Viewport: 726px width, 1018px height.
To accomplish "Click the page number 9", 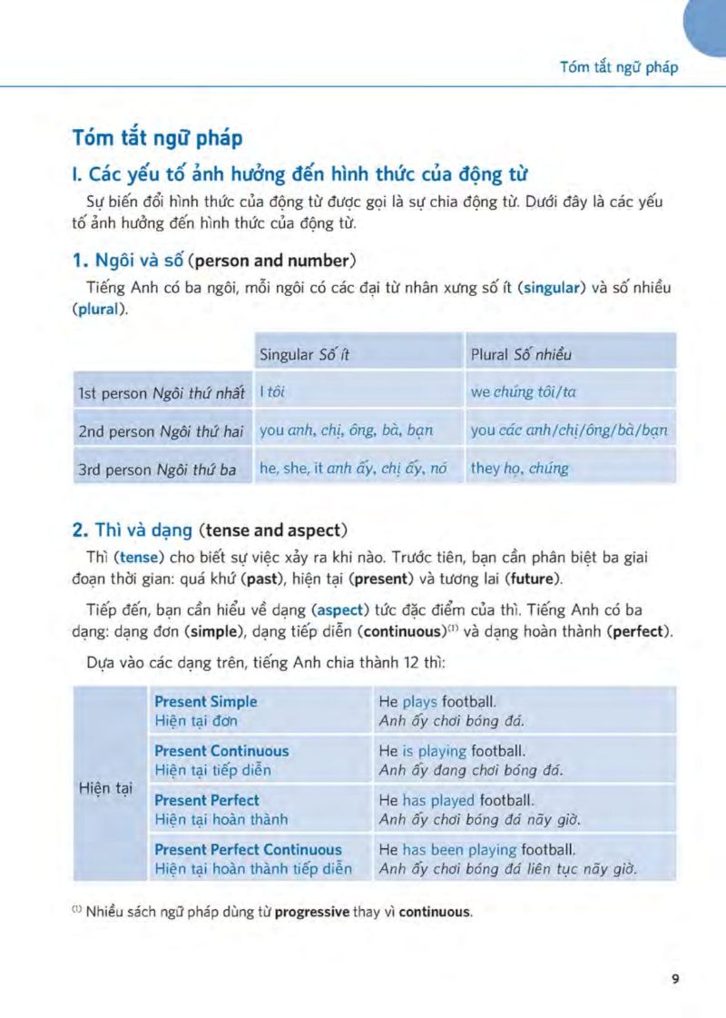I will point(674,978).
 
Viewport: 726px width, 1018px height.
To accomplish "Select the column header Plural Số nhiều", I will point(521,354).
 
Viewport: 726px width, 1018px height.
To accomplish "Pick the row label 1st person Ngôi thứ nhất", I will point(162,393).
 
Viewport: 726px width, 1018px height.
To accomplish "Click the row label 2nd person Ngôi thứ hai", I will point(160,431).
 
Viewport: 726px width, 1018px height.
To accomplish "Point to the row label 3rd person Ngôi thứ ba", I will point(157,469).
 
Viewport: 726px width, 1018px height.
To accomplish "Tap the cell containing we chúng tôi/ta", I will point(523,393).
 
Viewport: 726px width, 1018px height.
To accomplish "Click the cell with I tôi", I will point(272,393).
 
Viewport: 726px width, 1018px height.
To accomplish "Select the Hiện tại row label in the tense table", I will point(107,788).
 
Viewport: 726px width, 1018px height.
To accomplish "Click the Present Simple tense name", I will point(206,702).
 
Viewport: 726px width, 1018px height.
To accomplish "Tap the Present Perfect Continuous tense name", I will point(248,850).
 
